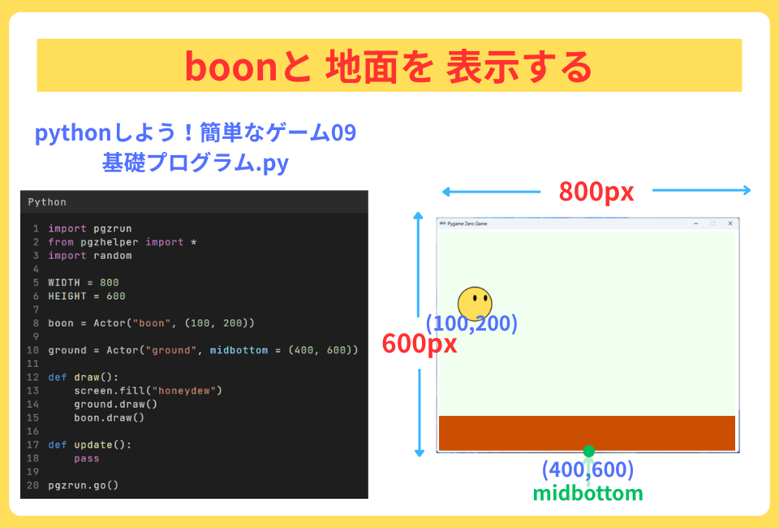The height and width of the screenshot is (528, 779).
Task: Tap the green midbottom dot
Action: point(589,451)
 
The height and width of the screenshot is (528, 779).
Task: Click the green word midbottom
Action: point(587,493)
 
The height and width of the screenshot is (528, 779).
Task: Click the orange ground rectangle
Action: point(587,432)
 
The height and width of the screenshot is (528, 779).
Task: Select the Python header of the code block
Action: point(47,201)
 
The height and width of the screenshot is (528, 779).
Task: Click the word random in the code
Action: point(112,255)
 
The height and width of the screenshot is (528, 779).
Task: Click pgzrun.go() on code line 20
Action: point(83,485)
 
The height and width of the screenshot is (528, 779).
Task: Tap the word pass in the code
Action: point(87,458)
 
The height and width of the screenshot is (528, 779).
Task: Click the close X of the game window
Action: point(730,223)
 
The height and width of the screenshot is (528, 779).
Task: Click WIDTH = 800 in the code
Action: point(83,283)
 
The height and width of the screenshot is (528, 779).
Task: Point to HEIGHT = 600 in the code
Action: point(86,296)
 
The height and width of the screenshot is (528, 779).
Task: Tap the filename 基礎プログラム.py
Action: point(195,162)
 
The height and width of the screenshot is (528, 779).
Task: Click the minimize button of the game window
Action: point(696,223)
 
